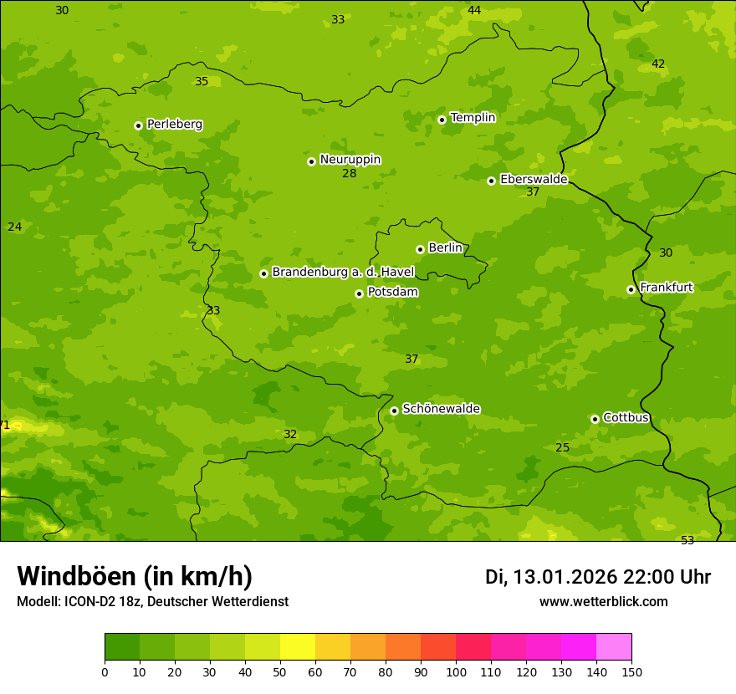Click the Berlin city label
445,248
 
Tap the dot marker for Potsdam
359,293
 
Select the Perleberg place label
174,125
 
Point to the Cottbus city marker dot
595,419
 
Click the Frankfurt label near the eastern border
666,288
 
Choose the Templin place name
473,118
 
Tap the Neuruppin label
350,160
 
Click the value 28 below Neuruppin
350,174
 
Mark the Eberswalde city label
533,180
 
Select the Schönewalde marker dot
394,411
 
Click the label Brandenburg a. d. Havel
343,273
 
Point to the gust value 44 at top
474,11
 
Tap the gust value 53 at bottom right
687,540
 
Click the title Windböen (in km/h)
135,576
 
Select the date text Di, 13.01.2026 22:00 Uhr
598,577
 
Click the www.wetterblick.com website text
603,601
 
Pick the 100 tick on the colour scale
456,671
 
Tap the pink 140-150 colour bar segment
614,647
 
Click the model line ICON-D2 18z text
152,601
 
